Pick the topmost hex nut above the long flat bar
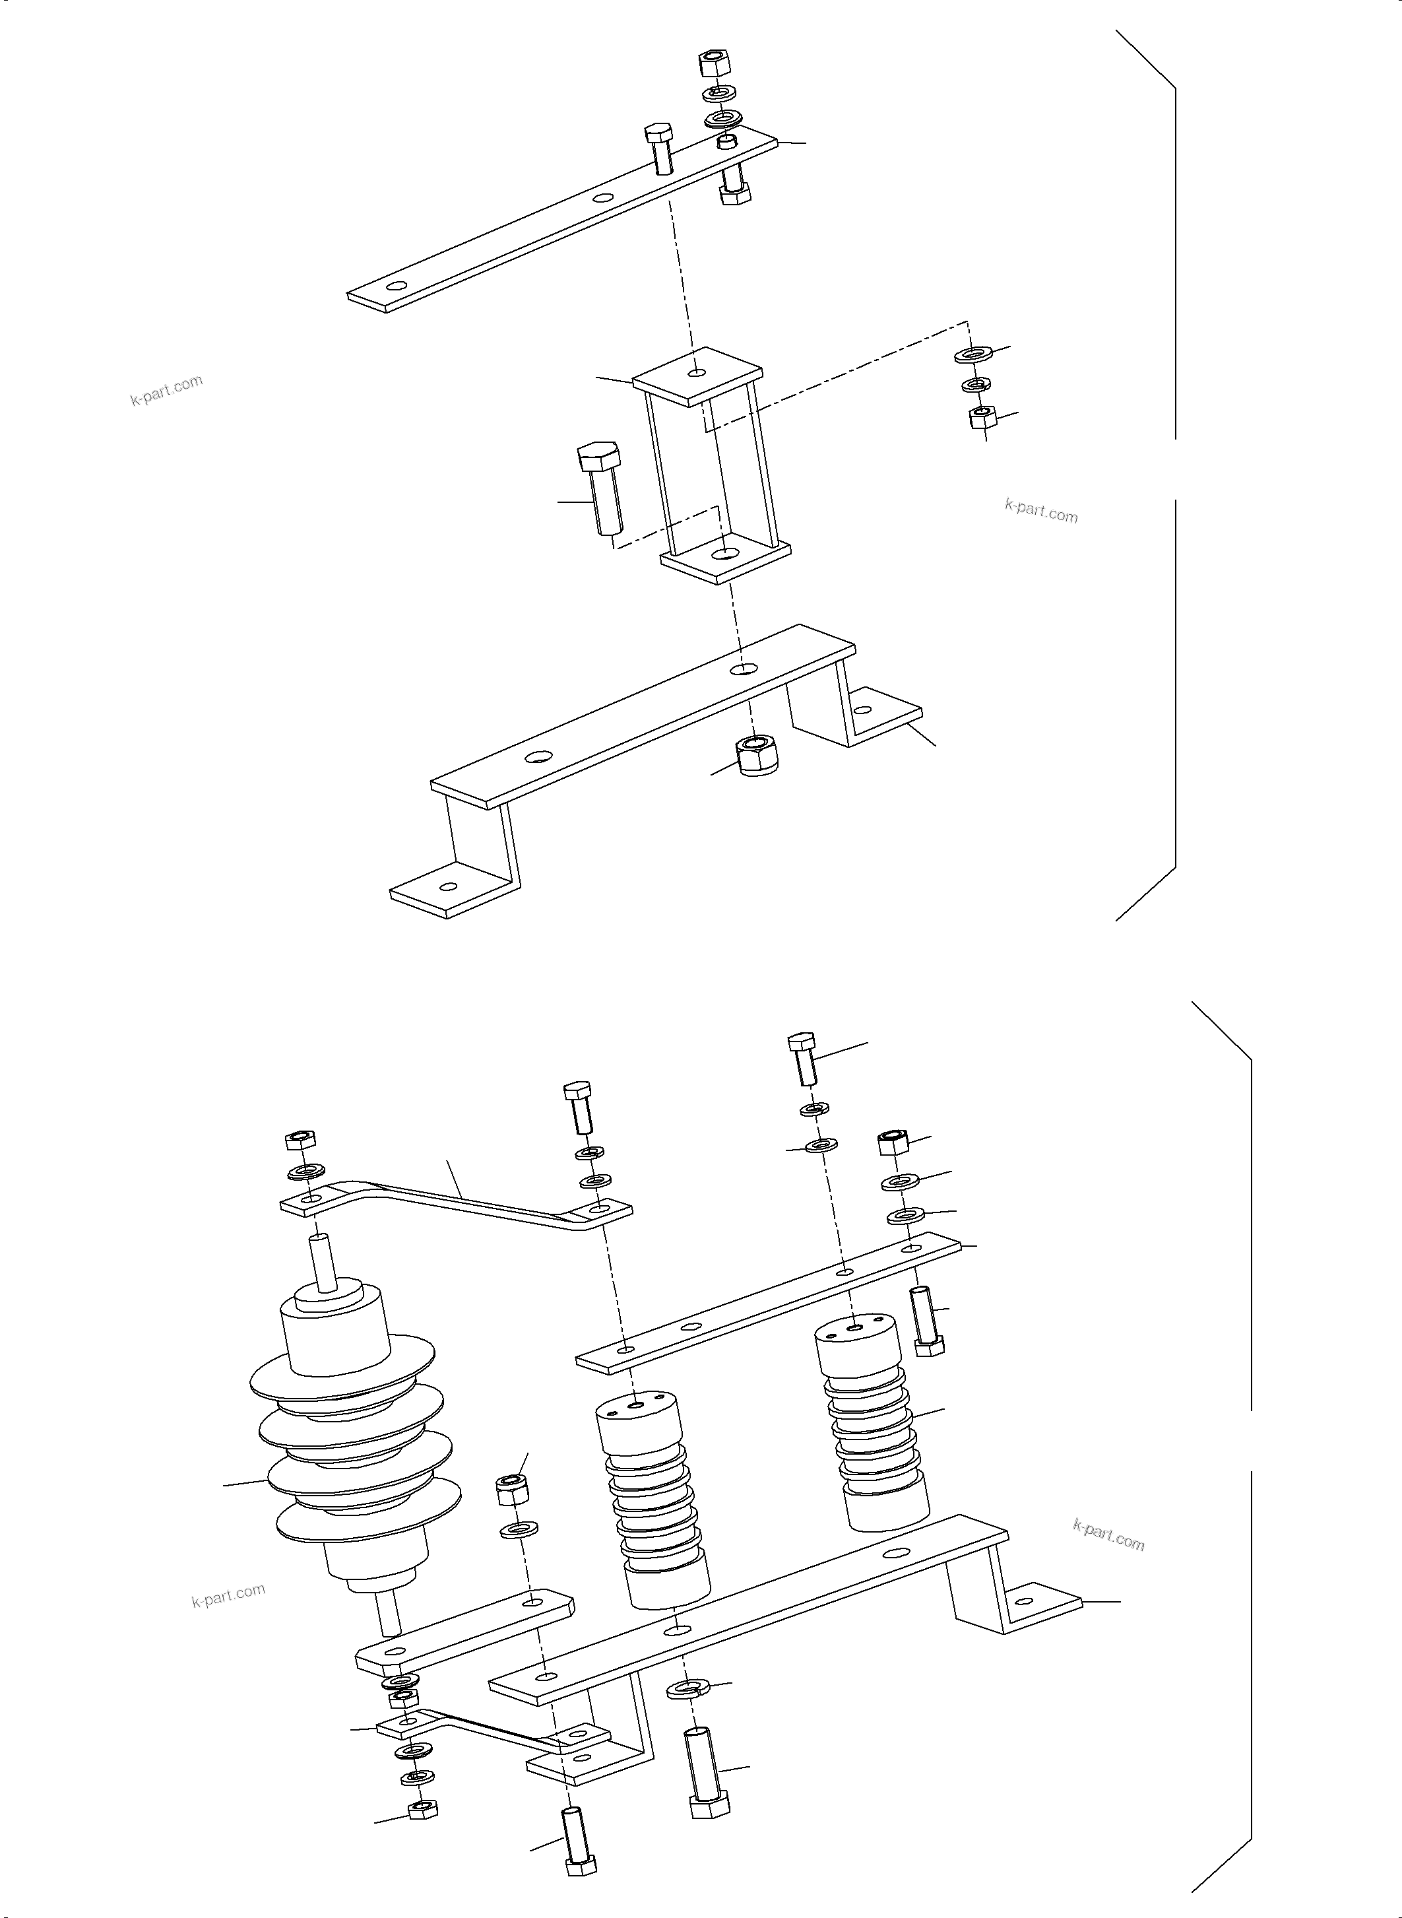click(715, 63)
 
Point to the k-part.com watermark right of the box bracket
click(1041, 512)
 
